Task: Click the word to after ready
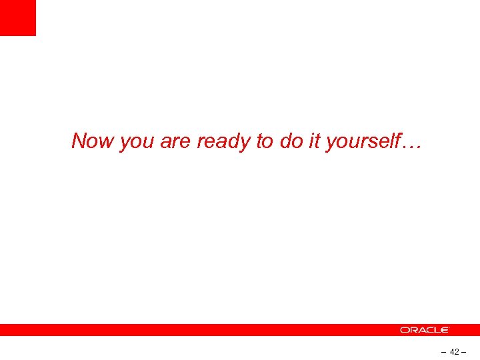[265, 141]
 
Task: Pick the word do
[289, 141]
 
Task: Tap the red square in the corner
[17, 17]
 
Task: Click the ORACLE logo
[425, 330]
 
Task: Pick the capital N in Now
[79, 141]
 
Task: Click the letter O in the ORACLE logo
[404, 330]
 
